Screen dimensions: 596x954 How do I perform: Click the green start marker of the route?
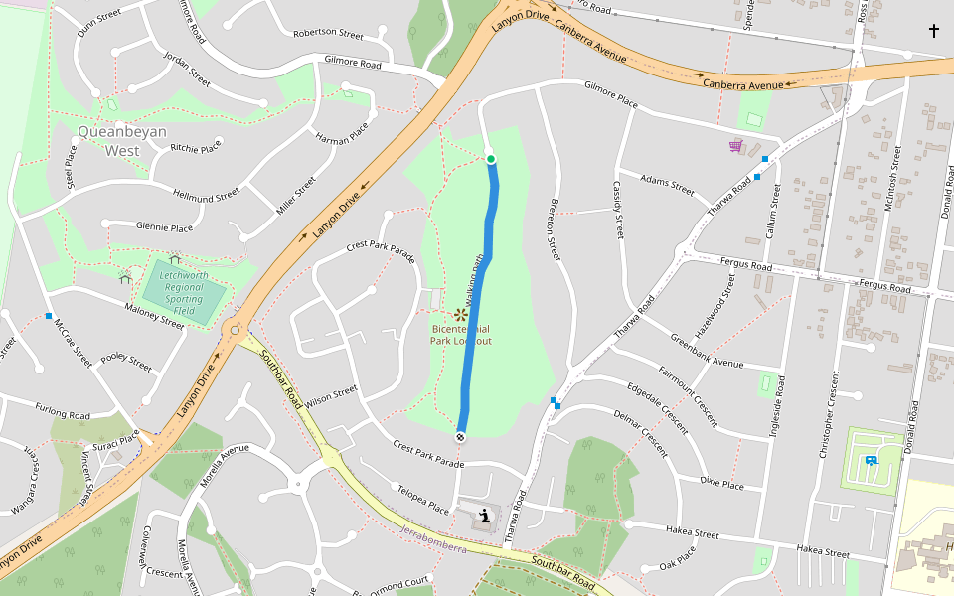[x=490, y=159]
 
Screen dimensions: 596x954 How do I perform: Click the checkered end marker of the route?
[x=461, y=437]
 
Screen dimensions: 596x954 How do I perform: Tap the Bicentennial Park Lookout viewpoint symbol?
[x=461, y=314]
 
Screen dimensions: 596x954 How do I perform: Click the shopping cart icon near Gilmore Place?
[x=735, y=146]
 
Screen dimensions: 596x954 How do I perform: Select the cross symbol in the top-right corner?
[x=933, y=31]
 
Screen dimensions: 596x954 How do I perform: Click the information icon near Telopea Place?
[x=484, y=516]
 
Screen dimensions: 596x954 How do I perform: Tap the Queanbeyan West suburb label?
[x=122, y=140]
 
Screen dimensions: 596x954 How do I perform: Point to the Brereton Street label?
[x=555, y=228]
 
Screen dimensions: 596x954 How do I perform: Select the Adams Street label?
[x=668, y=185]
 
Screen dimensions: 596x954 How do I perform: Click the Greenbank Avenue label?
[x=707, y=351]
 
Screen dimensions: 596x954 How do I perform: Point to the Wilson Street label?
[x=331, y=396]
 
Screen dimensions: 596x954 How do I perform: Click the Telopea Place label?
[x=423, y=499]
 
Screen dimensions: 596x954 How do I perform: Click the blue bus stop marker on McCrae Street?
[x=49, y=316]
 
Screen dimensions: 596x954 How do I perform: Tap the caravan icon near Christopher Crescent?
[x=871, y=459]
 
